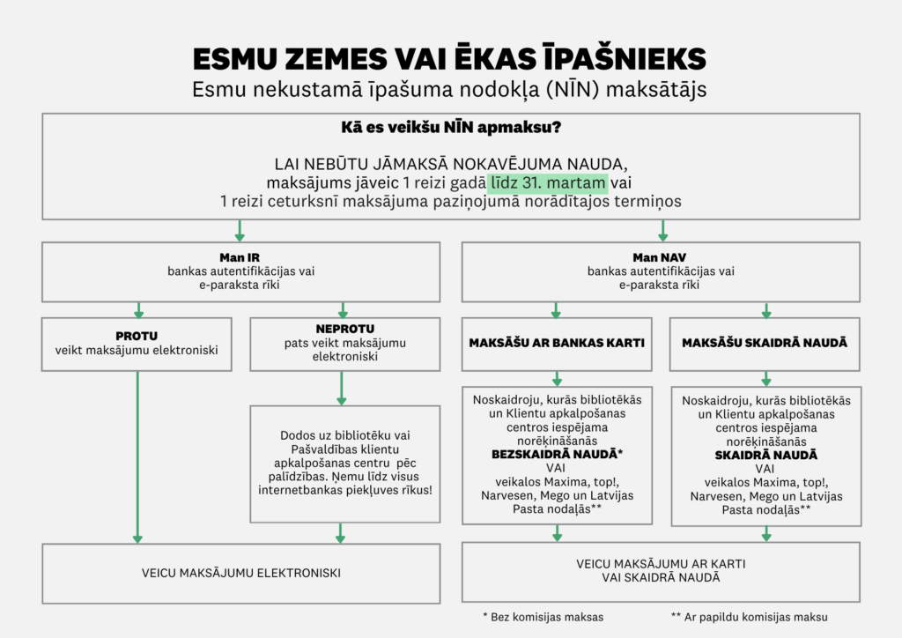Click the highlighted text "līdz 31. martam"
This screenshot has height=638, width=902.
(548, 183)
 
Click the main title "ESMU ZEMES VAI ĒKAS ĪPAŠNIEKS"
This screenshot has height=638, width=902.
(449, 59)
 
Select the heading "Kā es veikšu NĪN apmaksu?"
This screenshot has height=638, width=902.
(451, 128)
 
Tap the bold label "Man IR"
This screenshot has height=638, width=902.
(240, 256)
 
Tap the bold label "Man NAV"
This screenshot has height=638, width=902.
(660, 256)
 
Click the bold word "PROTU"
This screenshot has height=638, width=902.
(137, 336)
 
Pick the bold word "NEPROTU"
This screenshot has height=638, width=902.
(340, 329)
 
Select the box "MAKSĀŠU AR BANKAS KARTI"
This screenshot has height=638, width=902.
(556, 343)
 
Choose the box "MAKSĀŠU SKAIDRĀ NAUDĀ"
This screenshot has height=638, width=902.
(765, 343)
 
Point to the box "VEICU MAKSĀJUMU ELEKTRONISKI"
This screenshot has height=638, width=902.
(241, 573)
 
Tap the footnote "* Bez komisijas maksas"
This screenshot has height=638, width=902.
(543, 617)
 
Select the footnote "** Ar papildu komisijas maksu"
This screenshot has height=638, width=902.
(749, 617)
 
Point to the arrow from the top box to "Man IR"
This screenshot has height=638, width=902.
(240, 231)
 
